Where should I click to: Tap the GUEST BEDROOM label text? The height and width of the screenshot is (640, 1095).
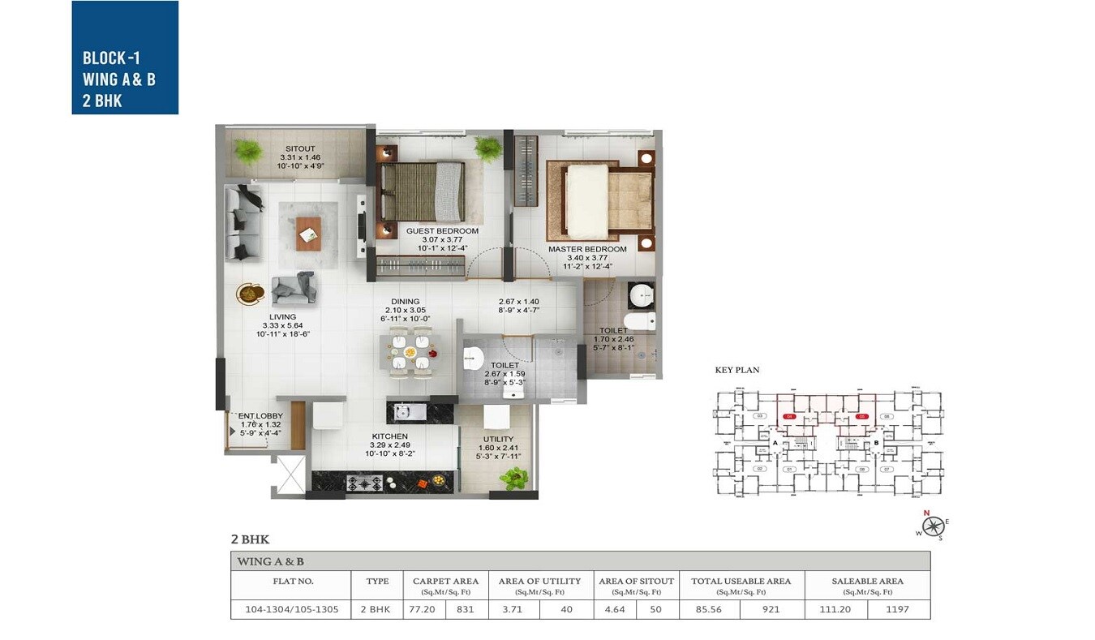442,231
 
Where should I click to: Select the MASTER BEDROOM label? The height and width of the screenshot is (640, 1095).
586,249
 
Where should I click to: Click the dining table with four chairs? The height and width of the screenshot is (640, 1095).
410,354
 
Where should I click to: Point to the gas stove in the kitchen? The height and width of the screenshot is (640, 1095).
365,483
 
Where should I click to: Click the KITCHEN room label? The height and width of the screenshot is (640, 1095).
389,436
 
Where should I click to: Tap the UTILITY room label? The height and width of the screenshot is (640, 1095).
498,439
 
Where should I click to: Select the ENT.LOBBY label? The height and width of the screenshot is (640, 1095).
260,416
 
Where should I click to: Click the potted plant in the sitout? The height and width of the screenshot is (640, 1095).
247,150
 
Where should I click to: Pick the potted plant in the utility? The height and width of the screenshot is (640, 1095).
513,479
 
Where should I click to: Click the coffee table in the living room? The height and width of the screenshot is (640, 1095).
308,234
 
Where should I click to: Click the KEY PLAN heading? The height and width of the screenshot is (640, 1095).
736,370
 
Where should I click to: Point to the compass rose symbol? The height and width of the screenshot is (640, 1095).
934,526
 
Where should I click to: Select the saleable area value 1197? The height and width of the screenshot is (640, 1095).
898,608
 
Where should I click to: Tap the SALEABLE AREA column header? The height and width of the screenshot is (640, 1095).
867,581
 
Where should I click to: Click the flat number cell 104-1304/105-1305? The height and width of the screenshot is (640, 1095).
292,608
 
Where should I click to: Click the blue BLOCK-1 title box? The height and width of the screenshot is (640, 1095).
125,58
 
